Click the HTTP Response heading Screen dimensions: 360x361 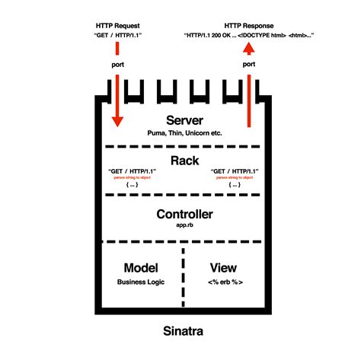[248, 25]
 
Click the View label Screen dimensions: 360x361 [223, 268]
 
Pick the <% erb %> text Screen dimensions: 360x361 [223, 282]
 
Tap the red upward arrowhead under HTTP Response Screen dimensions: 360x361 [248, 48]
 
